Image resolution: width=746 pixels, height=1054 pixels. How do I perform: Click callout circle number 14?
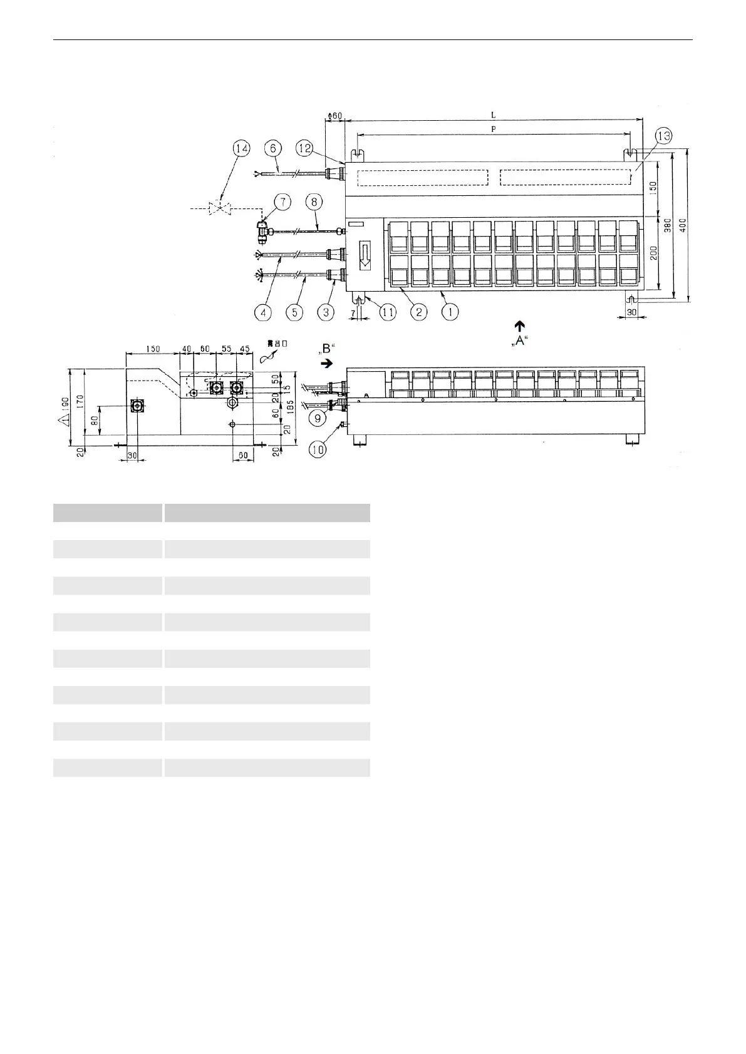tap(241, 148)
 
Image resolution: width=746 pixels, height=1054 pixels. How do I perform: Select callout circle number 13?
tap(663, 136)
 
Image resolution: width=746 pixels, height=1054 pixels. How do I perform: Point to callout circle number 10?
tap(318, 449)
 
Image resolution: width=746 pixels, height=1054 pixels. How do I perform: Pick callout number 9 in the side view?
tap(318, 417)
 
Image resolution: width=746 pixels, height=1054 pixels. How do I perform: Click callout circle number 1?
tap(449, 311)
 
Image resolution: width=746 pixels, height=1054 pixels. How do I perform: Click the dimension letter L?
tap(493, 115)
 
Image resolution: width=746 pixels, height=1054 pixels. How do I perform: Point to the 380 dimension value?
tap(668, 224)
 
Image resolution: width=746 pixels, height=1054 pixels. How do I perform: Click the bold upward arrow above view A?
tap(519, 325)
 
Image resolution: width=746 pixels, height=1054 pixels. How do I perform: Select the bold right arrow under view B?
tap(326, 363)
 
